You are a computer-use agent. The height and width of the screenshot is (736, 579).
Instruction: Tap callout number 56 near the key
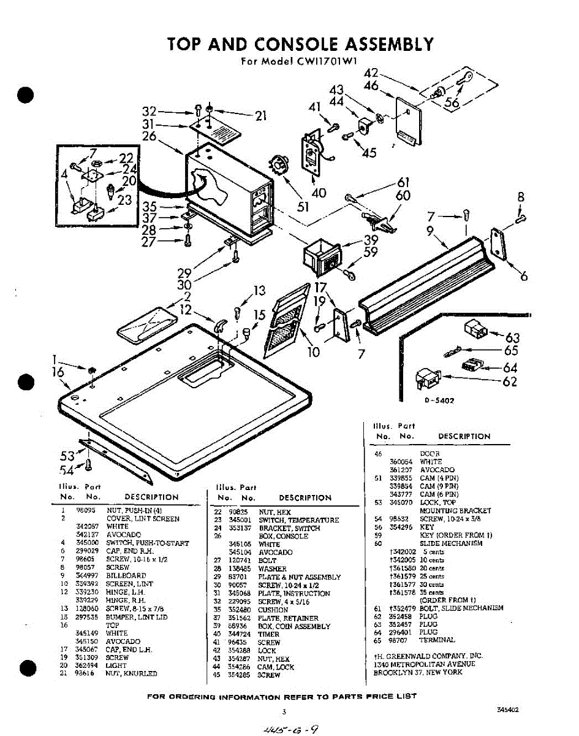coord(452,102)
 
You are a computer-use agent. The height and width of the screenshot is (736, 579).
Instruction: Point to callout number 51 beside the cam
coord(303,207)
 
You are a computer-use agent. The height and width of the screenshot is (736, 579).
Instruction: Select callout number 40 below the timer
coord(319,193)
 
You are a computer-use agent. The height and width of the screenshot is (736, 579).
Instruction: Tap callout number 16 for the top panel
coord(58,372)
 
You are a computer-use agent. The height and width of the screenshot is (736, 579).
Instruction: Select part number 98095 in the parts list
coord(84,510)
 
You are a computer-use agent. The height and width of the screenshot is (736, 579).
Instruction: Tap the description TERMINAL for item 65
coord(437,640)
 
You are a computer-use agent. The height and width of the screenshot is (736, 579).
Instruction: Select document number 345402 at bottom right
coord(508,709)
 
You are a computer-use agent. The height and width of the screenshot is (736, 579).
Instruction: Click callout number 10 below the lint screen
coord(313,352)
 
